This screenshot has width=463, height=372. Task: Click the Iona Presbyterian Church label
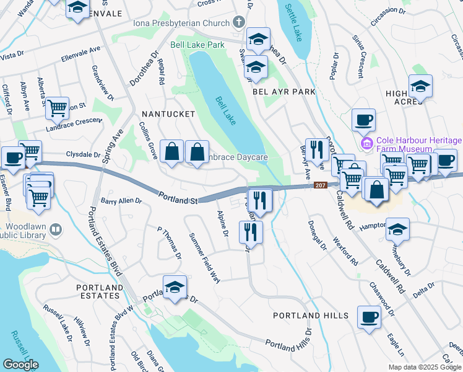(181, 23)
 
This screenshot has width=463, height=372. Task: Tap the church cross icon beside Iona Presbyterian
(238, 23)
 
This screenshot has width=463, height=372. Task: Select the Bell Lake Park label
(197, 45)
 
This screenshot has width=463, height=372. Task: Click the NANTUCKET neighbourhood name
(168, 114)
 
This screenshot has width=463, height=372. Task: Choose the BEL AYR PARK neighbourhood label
(284, 91)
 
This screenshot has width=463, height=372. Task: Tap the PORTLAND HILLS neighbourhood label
(311, 316)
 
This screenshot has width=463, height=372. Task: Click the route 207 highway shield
(320, 185)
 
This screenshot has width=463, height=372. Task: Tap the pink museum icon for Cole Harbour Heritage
(366, 144)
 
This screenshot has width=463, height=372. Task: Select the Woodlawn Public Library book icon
(56, 231)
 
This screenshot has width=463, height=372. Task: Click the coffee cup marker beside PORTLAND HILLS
(370, 317)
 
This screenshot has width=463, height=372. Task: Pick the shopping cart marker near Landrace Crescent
(57, 108)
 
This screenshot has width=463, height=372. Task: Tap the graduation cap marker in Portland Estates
(175, 287)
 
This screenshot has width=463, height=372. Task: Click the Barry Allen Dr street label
(121, 201)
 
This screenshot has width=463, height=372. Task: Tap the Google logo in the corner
(20, 364)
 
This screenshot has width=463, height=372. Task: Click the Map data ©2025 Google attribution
(424, 367)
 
